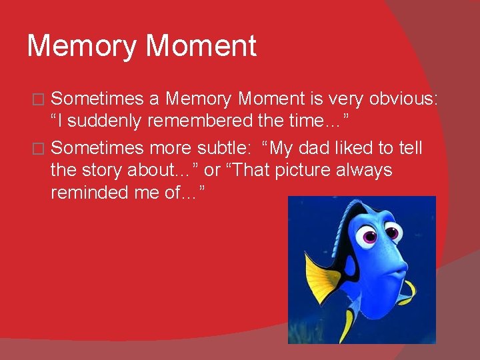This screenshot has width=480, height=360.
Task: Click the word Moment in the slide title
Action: pyautogui.click(x=201, y=47)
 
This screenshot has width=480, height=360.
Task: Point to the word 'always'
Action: pyautogui.click(x=365, y=171)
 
